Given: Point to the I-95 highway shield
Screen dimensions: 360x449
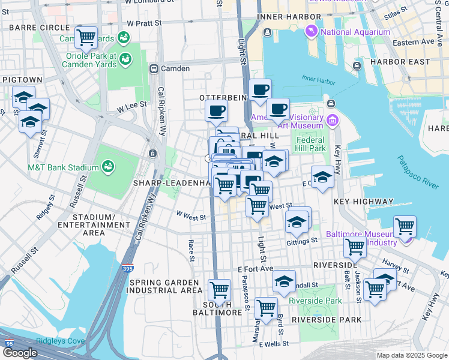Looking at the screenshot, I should point(8,344).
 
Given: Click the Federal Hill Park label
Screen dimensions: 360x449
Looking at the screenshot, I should point(310,144).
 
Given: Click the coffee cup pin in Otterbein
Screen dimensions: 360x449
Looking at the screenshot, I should point(216,110).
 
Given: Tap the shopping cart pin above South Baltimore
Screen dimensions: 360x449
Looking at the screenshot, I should point(220,290).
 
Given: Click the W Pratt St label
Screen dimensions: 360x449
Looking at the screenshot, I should point(145,23).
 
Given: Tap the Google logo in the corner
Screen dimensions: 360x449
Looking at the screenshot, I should point(20,353).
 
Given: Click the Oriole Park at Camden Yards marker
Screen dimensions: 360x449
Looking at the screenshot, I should point(125,59).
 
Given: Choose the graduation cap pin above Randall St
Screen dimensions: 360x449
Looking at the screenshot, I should point(284,280).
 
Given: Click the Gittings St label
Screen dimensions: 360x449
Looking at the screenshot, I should point(301,241).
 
